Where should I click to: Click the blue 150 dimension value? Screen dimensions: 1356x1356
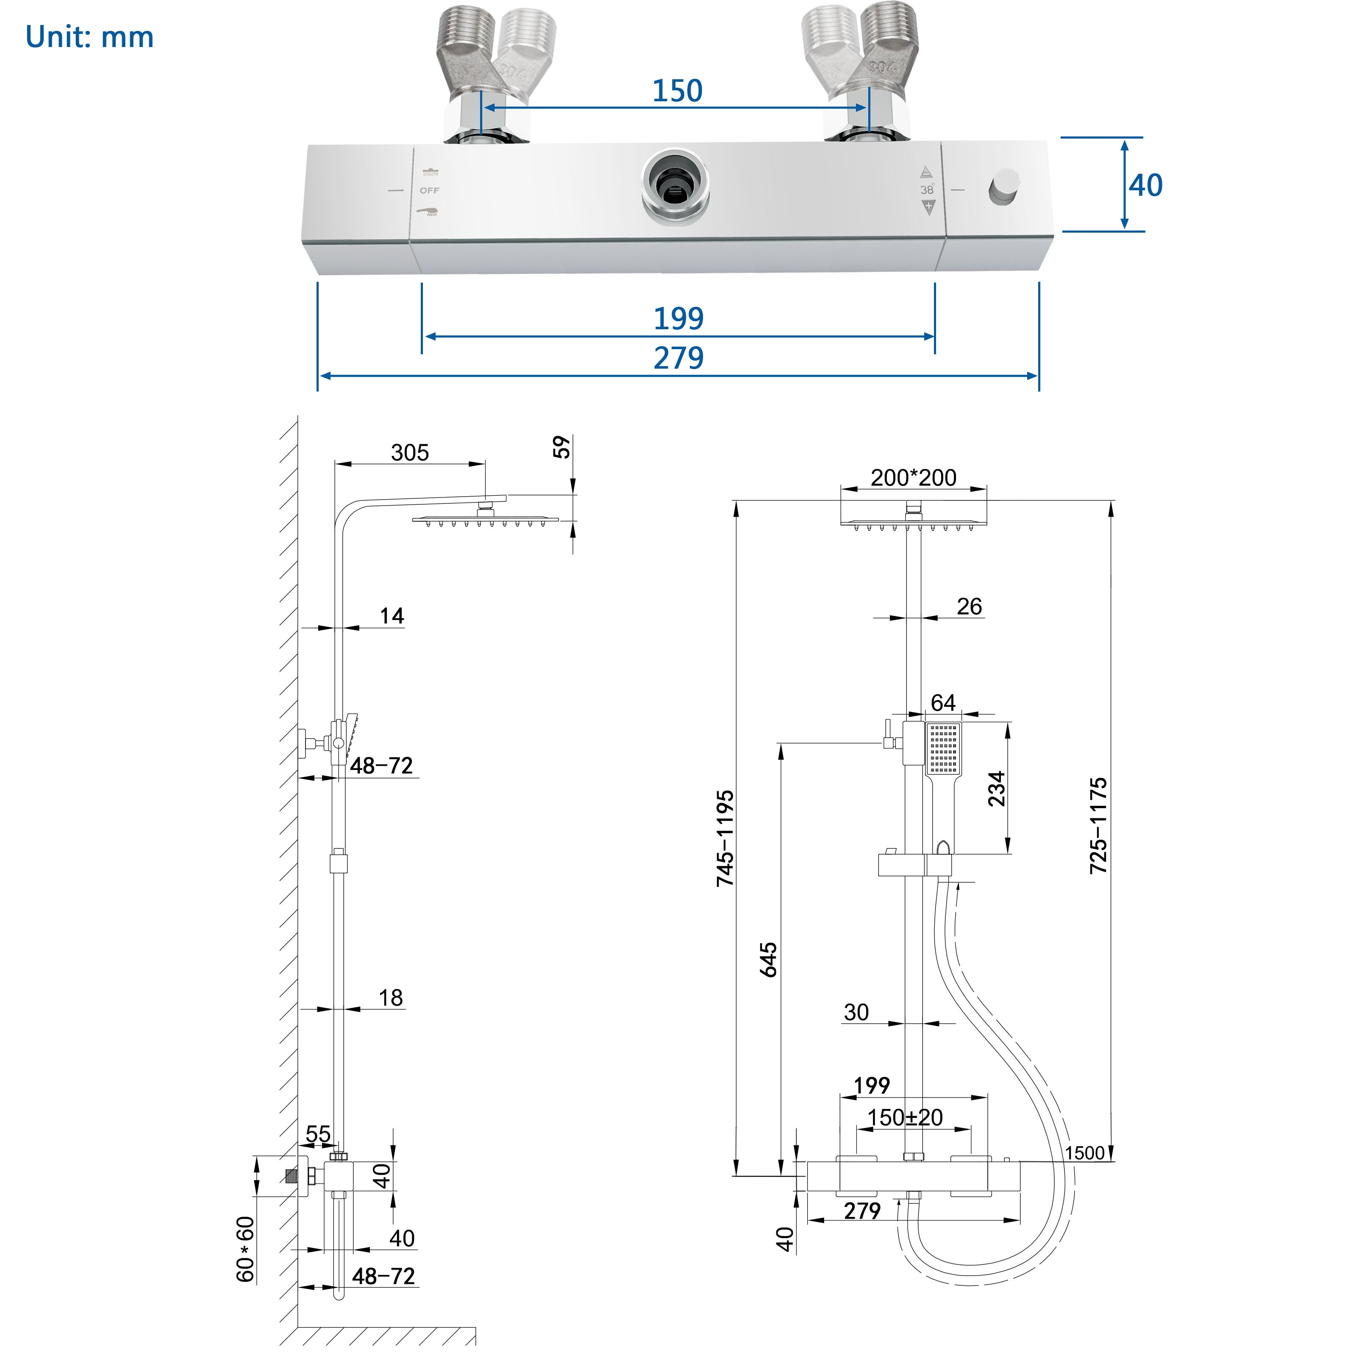point(677,91)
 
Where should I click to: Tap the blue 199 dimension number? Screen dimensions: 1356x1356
point(679,319)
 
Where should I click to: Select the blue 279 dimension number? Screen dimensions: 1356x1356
point(679,358)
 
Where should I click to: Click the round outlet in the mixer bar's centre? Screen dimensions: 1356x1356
point(675,186)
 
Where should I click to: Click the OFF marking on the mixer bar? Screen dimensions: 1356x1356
point(430,190)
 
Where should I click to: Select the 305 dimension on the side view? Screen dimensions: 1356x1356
point(410,453)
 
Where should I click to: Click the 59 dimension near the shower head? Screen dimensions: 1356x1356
point(561,447)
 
